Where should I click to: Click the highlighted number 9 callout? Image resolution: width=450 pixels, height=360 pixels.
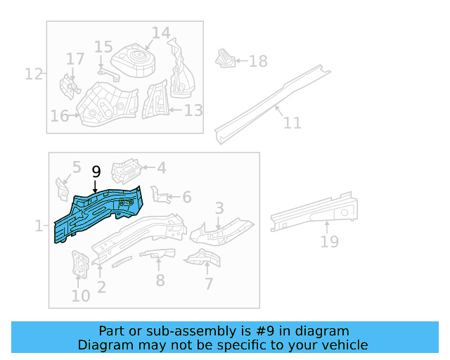click(96, 172)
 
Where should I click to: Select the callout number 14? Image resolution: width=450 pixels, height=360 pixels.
click(160, 33)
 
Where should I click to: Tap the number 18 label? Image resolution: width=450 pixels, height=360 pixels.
click(258, 62)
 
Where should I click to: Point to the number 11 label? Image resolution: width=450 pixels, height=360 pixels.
click(292, 123)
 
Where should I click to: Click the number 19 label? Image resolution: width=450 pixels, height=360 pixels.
click(329, 242)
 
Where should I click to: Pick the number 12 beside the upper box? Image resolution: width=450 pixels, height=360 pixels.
click(34, 73)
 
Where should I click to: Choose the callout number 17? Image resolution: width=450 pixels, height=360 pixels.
click(75, 58)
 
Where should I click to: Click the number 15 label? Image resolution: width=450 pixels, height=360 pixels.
click(103, 47)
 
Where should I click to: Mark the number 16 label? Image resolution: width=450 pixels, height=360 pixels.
click(59, 116)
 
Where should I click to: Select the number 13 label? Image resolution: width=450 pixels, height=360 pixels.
click(193, 110)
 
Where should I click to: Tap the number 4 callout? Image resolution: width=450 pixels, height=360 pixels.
click(161, 168)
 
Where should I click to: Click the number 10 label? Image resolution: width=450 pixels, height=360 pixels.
click(81, 295)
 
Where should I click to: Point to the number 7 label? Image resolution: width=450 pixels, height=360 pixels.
click(208, 284)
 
